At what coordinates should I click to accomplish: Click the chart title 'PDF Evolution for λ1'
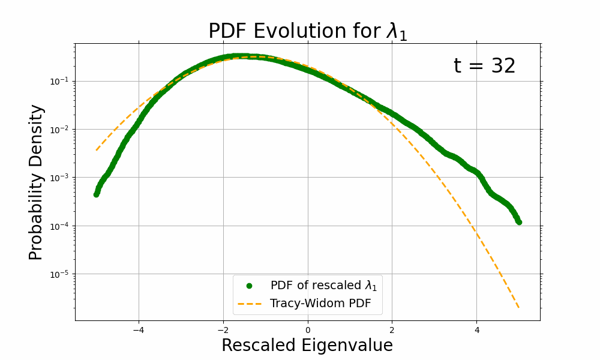click(x=307, y=31)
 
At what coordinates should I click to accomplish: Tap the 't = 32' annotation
click(x=484, y=66)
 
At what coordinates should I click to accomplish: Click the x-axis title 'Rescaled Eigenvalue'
click(x=307, y=346)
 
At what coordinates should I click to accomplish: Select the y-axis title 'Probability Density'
click(x=36, y=182)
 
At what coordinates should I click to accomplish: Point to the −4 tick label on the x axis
click(x=138, y=329)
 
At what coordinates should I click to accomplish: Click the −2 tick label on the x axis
click(x=223, y=329)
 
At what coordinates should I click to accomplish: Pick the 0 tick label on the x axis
click(x=308, y=329)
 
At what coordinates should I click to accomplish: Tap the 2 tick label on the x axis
click(x=392, y=329)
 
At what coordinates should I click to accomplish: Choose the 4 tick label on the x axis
click(x=477, y=329)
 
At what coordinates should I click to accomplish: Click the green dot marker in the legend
click(x=249, y=285)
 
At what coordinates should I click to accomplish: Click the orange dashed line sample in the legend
click(x=249, y=304)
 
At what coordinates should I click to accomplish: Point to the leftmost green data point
click(x=96, y=194)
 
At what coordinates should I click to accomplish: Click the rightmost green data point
click(x=518, y=222)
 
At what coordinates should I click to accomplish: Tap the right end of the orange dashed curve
click(x=518, y=308)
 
